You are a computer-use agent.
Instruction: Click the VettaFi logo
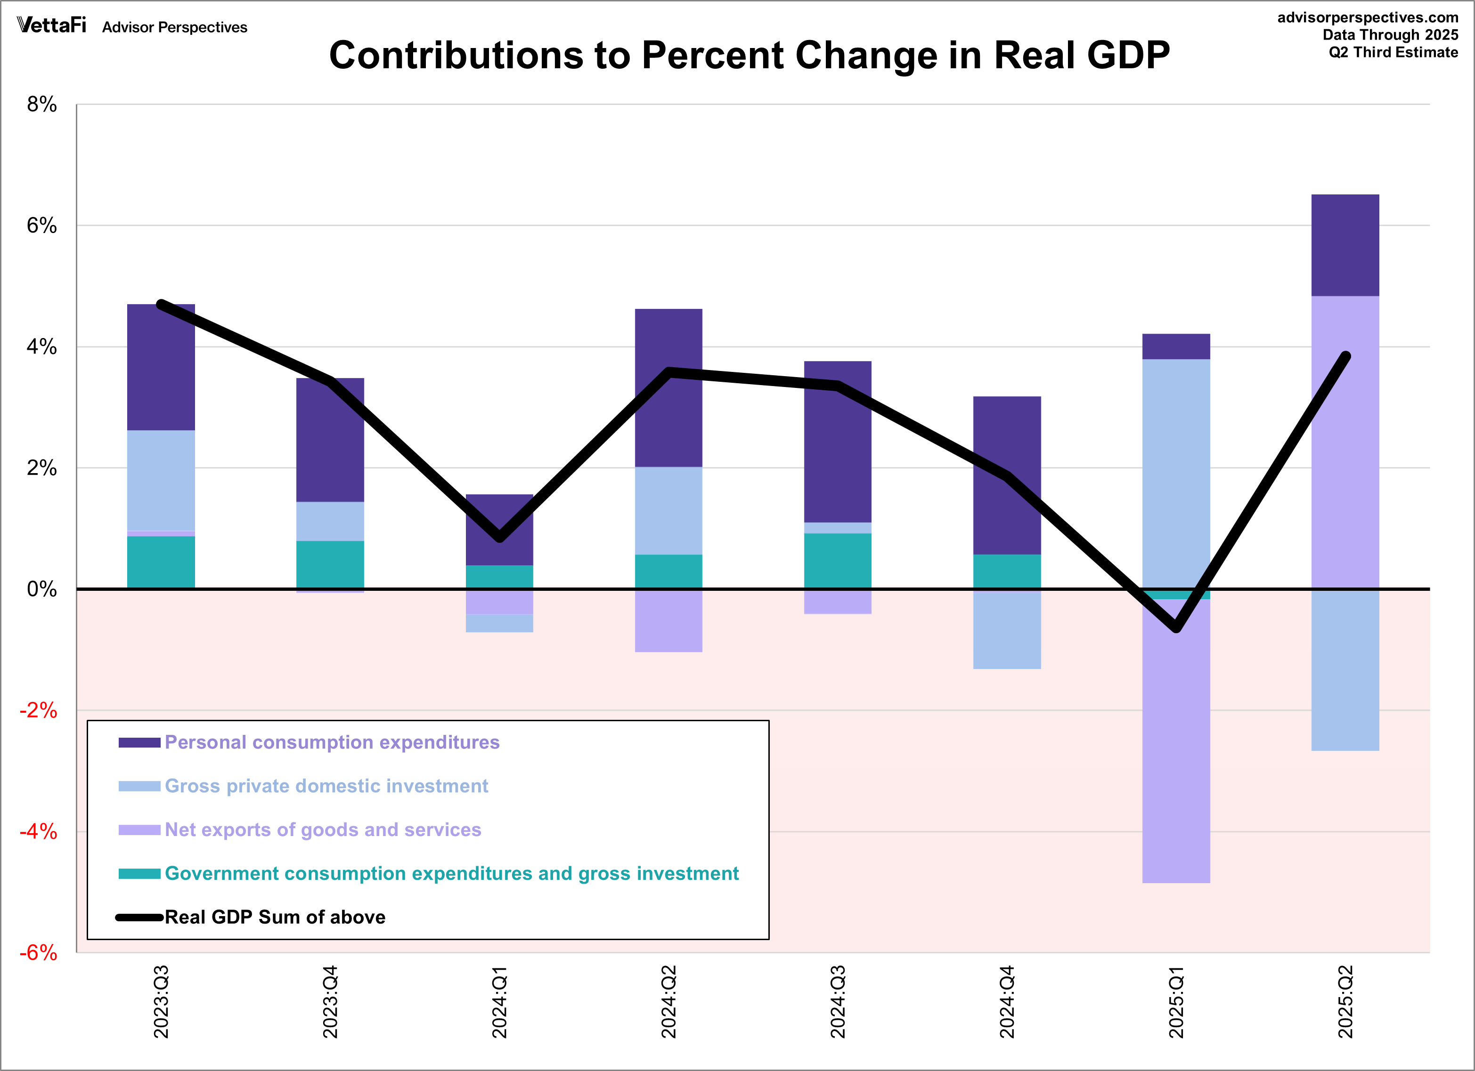coord(51,25)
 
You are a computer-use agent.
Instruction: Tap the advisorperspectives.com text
coord(1367,17)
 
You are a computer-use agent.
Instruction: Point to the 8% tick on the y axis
coord(41,105)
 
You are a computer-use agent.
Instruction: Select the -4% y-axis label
coord(38,832)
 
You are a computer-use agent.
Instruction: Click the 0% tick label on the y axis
coord(41,589)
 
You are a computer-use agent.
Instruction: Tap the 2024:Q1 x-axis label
coord(499,1002)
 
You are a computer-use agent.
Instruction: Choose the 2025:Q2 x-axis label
coord(1345,1002)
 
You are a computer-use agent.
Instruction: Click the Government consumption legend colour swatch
coord(139,873)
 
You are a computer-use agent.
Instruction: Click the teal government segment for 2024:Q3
coord(838,561)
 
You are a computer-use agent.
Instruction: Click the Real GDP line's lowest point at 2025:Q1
coord(1176,628)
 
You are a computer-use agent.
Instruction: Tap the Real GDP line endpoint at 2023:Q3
coord(161,304)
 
